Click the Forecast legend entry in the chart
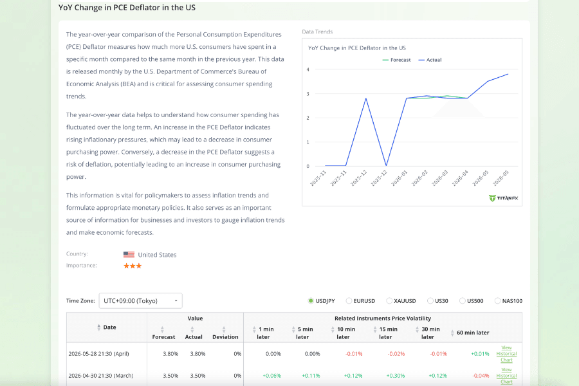coord(396,60)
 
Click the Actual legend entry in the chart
coord(430,60)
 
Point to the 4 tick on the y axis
coord(308,69)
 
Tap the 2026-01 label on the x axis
coord(399,178)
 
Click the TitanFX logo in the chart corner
coord(503,198)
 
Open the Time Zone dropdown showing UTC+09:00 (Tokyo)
coord(140,300)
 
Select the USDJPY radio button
coord(311,301)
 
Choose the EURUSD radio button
coord(349,301)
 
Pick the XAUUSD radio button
coord(389,301)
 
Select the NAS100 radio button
coord(498,301)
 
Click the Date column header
coord(109,327)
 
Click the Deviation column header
coord(225,337)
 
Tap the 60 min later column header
coord(473,333)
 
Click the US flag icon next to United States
coord(129,255)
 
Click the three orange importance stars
coord(133,266)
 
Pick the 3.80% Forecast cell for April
coord(170,354)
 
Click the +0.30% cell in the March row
coord(396,376)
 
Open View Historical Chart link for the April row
coord(507,354)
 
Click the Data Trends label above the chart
coord(317,32)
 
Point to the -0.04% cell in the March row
coord(481,376)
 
